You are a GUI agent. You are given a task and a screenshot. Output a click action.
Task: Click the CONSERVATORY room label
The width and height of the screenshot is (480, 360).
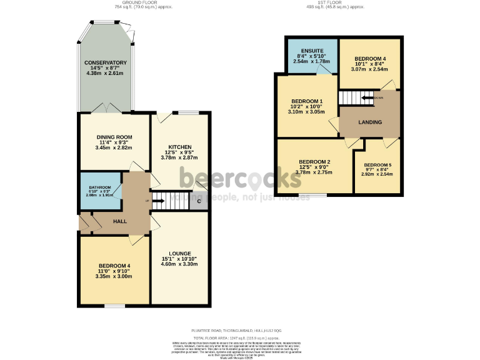tap(106, 62)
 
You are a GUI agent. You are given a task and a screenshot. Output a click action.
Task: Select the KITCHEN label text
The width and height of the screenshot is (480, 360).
tap(179, 147)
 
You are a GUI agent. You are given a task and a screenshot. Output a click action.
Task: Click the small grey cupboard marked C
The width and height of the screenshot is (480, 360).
tap(199, 201)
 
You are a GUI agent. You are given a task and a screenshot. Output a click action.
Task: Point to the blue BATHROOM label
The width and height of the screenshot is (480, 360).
tap(99, 188)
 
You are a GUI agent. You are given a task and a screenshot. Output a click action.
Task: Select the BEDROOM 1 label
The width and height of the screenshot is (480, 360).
tap(307, 101)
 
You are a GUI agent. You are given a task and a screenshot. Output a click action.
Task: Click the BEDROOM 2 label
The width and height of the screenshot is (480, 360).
tap(314, 161)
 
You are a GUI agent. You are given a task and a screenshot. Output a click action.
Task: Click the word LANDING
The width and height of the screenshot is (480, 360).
tap(370, 122)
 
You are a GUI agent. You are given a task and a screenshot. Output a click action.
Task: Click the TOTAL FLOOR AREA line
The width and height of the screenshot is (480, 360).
tap(239, 337)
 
